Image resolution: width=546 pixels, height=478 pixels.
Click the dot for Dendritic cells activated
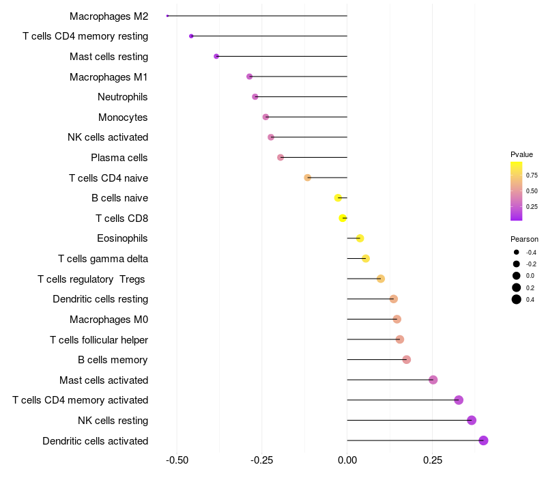pyautogui.click(x=483, y=440)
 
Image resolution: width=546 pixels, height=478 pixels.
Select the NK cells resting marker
pyautogui.click(x=472, y=421)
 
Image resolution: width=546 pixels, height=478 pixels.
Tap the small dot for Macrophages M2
pyautogui.click(x=167, y=16)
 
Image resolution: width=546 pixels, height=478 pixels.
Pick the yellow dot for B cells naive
pyautogui.click(x=338, y=198)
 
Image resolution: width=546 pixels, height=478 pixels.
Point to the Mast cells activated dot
pyautogui.click(x=433, y=380)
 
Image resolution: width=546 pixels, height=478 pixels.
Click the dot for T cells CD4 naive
pyautogui.click(x=308, y=178)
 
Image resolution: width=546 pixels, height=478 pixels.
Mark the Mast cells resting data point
pyautogui.click(x=216, y=56)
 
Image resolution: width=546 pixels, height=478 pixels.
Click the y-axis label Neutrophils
pyautogui.click(x=123, y=97)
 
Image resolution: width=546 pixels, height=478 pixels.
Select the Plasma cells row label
pyautogui.click(x=119, y=158)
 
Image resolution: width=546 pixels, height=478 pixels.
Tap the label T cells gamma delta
pyautogui.click(x=103, y=259)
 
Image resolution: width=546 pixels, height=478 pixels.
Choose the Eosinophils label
pyautogui.click(x=123, y=238)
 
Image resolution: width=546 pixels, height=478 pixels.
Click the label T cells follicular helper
pyautogui.click(x=99, y=339)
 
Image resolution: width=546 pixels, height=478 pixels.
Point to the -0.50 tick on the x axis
pyautogui.click(x=177, y=461)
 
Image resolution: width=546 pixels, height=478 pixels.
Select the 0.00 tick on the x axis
pyautogui.click(x=347, y=461)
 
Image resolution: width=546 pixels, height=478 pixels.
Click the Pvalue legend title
pyautogui.click(x=521, y=154)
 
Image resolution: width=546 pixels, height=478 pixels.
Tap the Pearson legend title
pyautogui.click(x=524, y=239)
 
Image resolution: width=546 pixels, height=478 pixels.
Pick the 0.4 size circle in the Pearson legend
pyautogui.click(x=517, y=299)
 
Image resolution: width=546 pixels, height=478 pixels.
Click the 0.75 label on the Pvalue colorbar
pyautogui.click(x=532, y=175)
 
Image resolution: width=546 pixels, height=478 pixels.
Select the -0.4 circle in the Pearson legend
pyautogui.click(x=517, y=252)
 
